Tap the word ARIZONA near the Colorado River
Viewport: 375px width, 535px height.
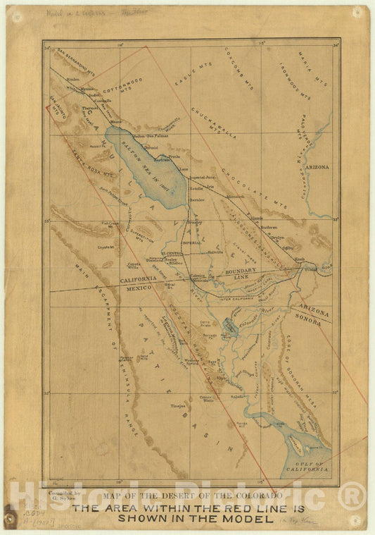tap(317, 167)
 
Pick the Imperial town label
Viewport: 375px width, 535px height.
tap(192, 242)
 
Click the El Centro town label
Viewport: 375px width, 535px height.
tap(172, 252)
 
